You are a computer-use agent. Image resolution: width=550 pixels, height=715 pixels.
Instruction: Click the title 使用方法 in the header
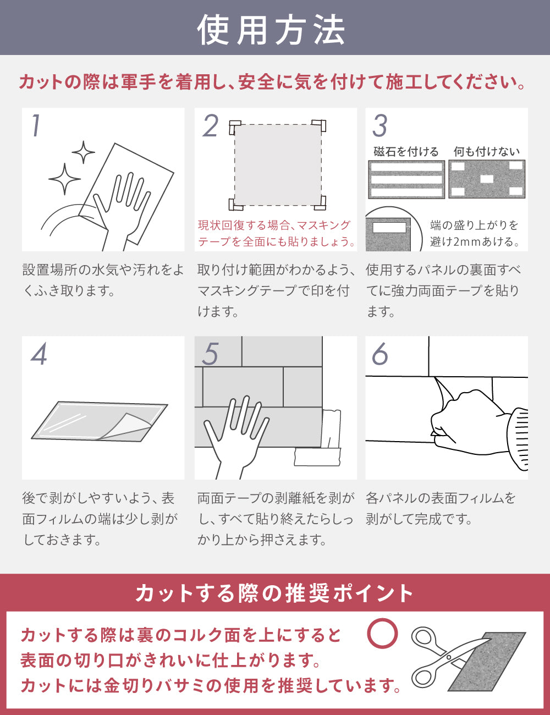[x=271, y=30]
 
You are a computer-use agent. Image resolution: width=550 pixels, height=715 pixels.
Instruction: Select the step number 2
[x=210, y=125]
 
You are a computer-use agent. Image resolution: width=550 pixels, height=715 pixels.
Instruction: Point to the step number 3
[x=380, y=125]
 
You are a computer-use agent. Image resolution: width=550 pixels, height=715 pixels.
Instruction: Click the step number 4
[x=39, y=354]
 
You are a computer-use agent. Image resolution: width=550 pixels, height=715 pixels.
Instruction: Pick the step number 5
[x=210, y=354]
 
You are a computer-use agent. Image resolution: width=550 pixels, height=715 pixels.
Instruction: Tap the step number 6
[x=380, y=354]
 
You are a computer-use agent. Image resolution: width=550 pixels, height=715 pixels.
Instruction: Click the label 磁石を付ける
[x=406, y=152]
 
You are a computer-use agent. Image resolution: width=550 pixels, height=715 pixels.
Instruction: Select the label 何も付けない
[x=487, y=152]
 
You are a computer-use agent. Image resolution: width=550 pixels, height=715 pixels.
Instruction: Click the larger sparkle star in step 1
[x=64, y=179]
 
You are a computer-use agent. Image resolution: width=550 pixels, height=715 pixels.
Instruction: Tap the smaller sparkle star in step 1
[x=84, y=152]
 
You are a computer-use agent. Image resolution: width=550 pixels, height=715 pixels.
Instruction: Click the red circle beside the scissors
[x=382, y=634]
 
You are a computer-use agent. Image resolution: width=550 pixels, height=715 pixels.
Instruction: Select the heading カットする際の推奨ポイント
[x=274, y=593]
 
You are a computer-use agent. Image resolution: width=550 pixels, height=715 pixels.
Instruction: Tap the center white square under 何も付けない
[x=487, y=179]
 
